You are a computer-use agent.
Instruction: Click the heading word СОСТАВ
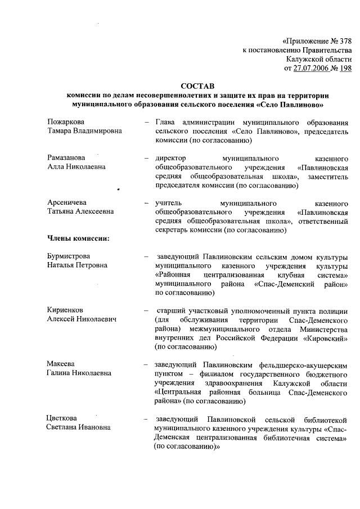click(x=197, y=87)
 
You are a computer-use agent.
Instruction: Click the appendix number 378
click(x=344, y=41)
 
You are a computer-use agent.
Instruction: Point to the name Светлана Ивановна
click(x=78, y=427)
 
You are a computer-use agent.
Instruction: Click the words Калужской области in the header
click(x=318, y=59)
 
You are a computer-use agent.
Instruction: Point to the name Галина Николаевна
click(x=79, y=373)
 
